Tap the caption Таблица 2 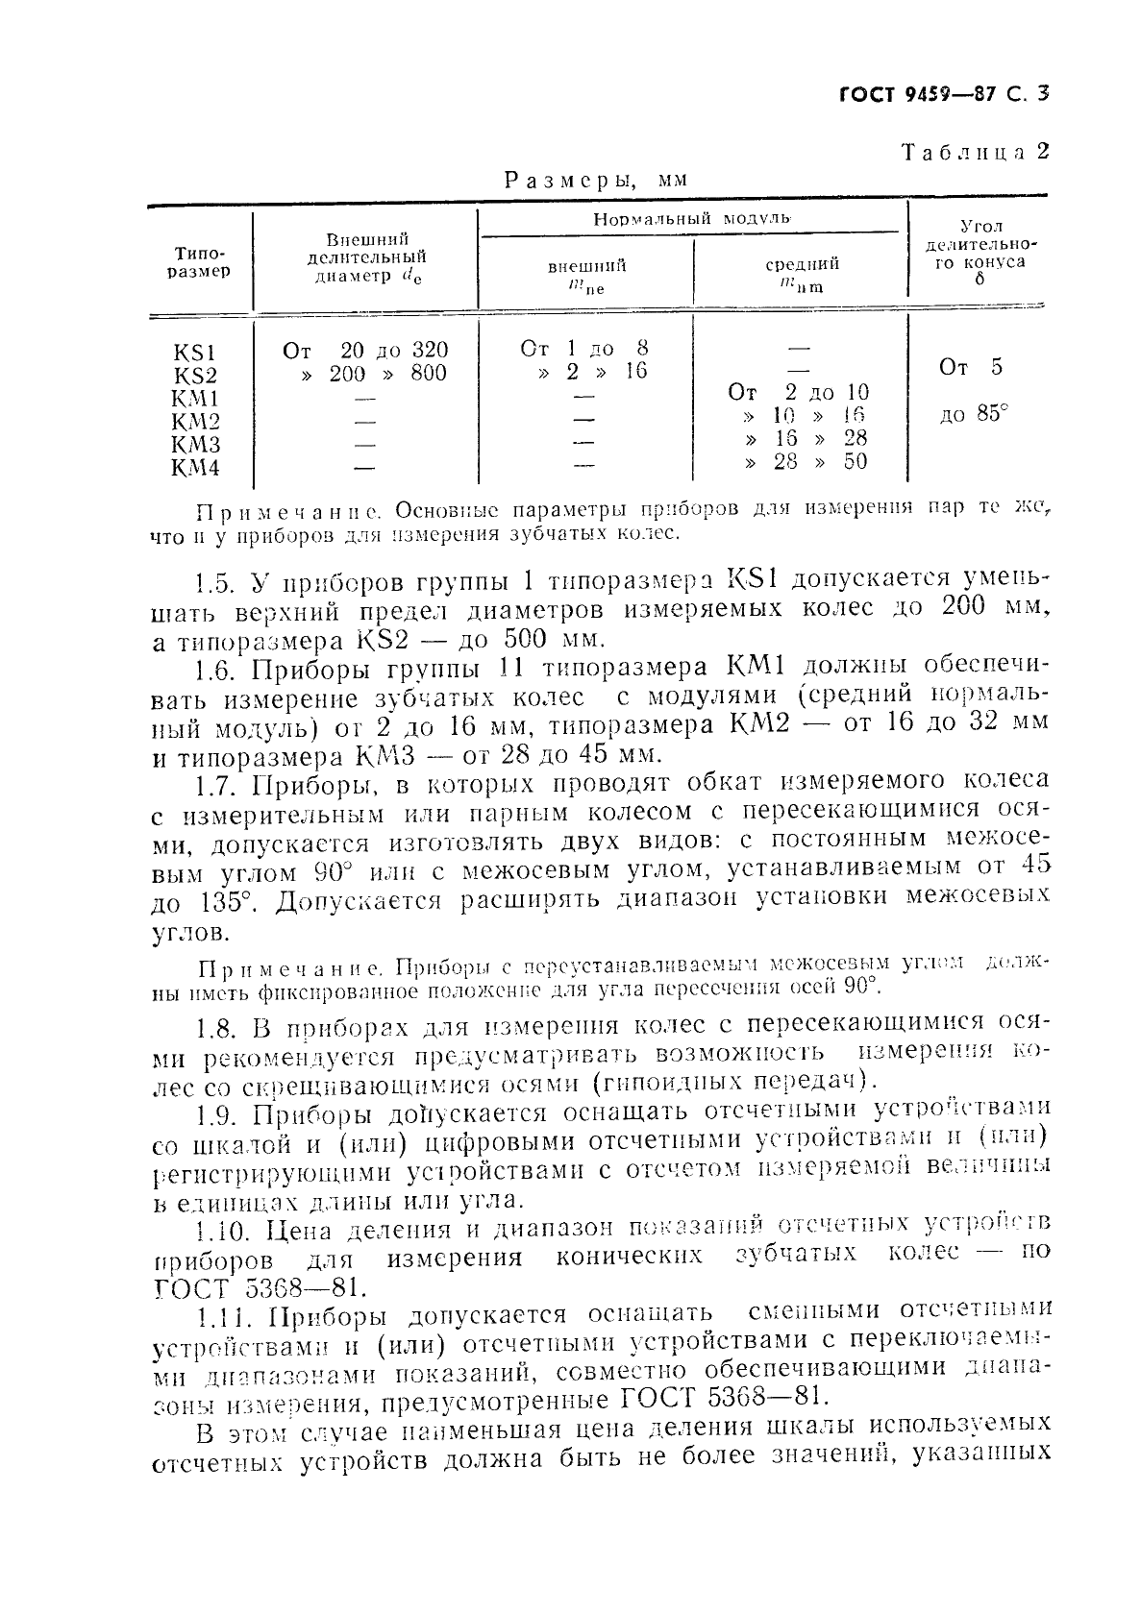[974, 152]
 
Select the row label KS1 [195, 353]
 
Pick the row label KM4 [195, 468]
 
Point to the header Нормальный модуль [691, 218]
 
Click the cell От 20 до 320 [365, 351]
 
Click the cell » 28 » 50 [806, 462]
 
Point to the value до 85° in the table [974, 416]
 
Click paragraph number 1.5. [213, 582]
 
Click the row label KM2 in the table [195, 422]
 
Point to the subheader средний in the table [802, 264]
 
